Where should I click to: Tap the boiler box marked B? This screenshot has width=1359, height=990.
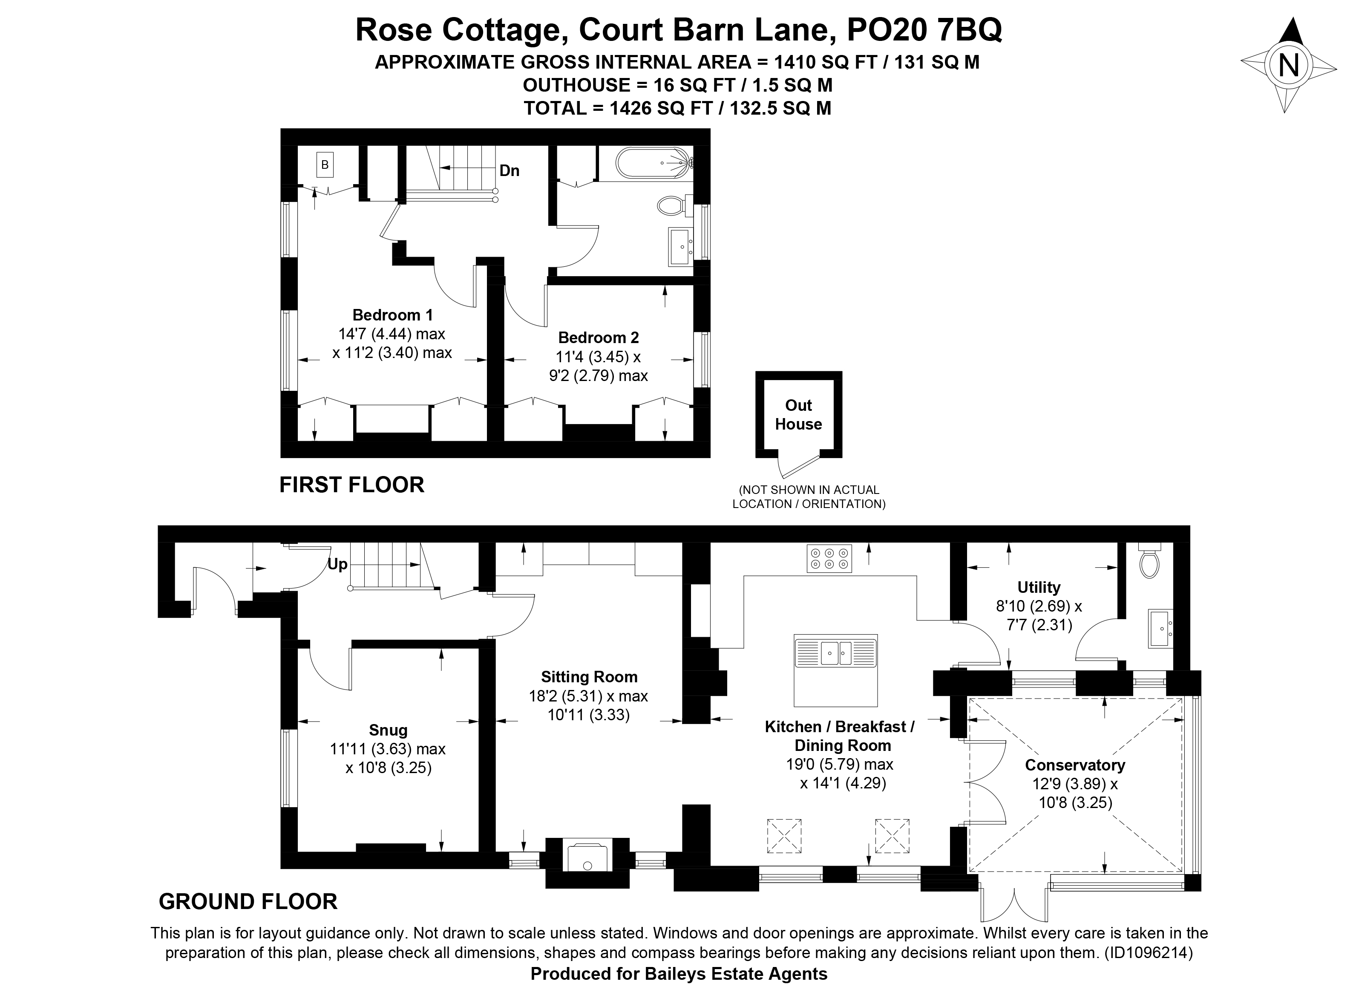tap(325, 164)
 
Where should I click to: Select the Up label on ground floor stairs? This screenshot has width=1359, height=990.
tap(337, 565)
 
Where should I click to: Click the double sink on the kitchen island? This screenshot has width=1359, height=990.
tap(836, 652)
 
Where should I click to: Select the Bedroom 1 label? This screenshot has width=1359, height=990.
tap(392, 315)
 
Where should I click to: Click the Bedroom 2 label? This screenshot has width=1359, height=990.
tap(598, 338)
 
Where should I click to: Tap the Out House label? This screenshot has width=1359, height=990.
tap(798, 415)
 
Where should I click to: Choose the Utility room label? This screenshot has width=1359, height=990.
tap(1039, 587)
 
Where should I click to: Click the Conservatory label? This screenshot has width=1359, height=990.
tap(1074, 765)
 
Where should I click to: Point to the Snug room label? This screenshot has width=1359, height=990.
tap(388, 730)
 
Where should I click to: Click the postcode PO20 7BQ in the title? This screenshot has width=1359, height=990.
tap(924, 30)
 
